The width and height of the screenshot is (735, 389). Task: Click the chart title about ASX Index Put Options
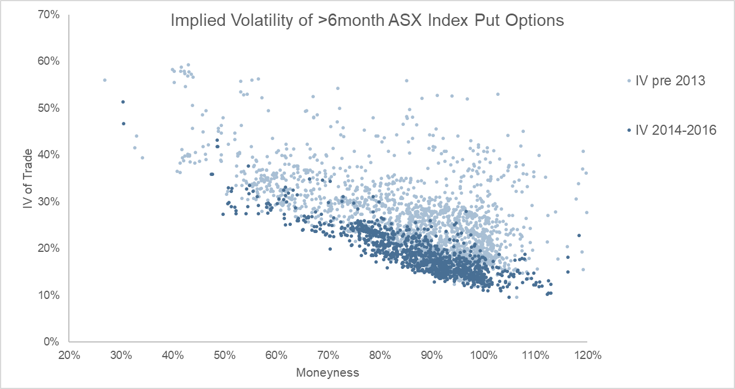point(367,21)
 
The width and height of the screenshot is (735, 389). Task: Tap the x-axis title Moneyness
point(327,373)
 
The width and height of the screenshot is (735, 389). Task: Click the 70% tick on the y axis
point(50,15)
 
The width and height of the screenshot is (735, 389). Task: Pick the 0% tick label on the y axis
point(53,341)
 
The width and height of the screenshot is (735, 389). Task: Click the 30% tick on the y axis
point(50,201)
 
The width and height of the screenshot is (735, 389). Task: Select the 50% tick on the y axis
point(50,108)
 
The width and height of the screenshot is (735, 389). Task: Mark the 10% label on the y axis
point(50,295)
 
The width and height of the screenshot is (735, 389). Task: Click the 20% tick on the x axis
point(69,355)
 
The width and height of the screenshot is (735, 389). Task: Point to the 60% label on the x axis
point(276,355)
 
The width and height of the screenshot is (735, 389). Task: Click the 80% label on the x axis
point(380,355)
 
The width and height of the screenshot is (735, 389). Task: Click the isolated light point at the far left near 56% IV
point(105,80)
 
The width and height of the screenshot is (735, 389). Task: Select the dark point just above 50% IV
point(123,102)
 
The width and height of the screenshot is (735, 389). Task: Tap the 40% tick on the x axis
point(172,355)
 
